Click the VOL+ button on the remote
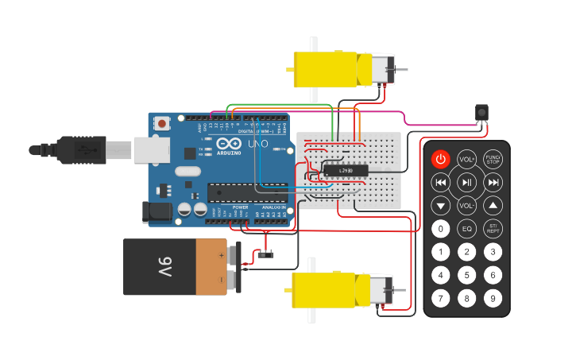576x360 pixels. point(466,159)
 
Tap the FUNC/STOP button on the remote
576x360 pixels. point(493,159)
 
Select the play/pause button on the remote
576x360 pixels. point(466,183)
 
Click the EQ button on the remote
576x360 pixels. point(466,230)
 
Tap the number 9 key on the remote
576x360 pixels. point(493,298)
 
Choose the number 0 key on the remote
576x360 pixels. point(440,230)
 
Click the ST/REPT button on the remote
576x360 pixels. point(493,230)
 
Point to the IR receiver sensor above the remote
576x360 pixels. point(480,113)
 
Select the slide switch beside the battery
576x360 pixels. point(265,254)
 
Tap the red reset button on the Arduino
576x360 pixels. point(163,123)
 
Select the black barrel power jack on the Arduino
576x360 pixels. point(156,211)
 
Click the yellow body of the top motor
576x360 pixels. point(330,69)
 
